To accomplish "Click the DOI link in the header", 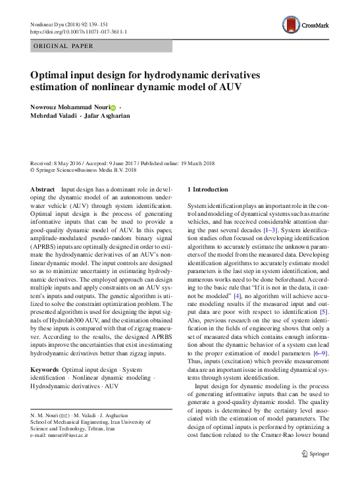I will click(x=79, y=32).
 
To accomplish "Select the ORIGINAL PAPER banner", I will click(x=64, y=46).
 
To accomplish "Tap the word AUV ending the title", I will click(x=234, y=87).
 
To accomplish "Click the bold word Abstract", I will click(x=43, y=189).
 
